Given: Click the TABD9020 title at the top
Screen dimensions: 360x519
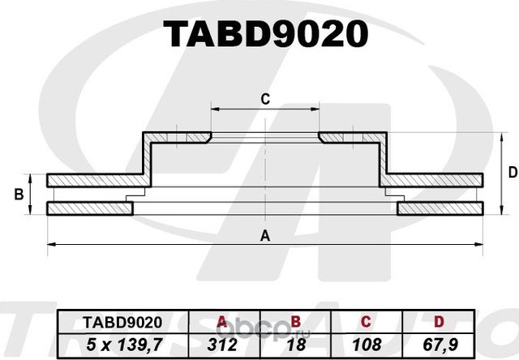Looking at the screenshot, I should point(266,35).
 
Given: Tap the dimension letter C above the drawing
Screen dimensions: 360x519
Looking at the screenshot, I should point(264,100).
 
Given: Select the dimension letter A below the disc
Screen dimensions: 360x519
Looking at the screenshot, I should point(264,236).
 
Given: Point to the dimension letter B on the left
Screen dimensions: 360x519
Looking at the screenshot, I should point(18,195).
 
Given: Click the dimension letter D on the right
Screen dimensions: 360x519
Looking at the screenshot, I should point(512,172).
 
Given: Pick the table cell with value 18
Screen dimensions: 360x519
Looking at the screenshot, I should point(296,345).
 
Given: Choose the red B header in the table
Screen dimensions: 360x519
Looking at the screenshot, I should point(296,322).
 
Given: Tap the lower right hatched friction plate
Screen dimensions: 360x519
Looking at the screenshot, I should point(442,209).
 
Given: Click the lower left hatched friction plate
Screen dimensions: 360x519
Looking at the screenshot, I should point(89,209).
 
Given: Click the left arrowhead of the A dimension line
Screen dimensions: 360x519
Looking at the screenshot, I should point(51,243).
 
